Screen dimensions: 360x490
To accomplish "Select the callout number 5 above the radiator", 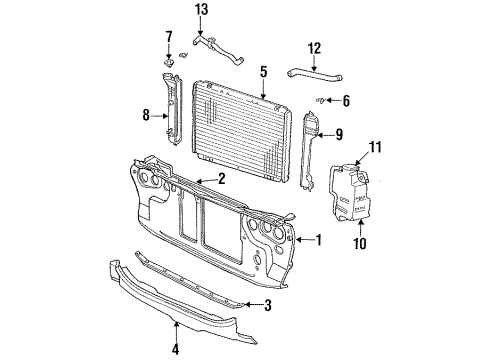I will pos(263,71).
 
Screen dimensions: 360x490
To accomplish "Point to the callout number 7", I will pos(168,37).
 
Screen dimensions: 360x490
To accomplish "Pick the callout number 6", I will pos(347,100).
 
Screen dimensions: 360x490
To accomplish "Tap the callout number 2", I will pos(222,179).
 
